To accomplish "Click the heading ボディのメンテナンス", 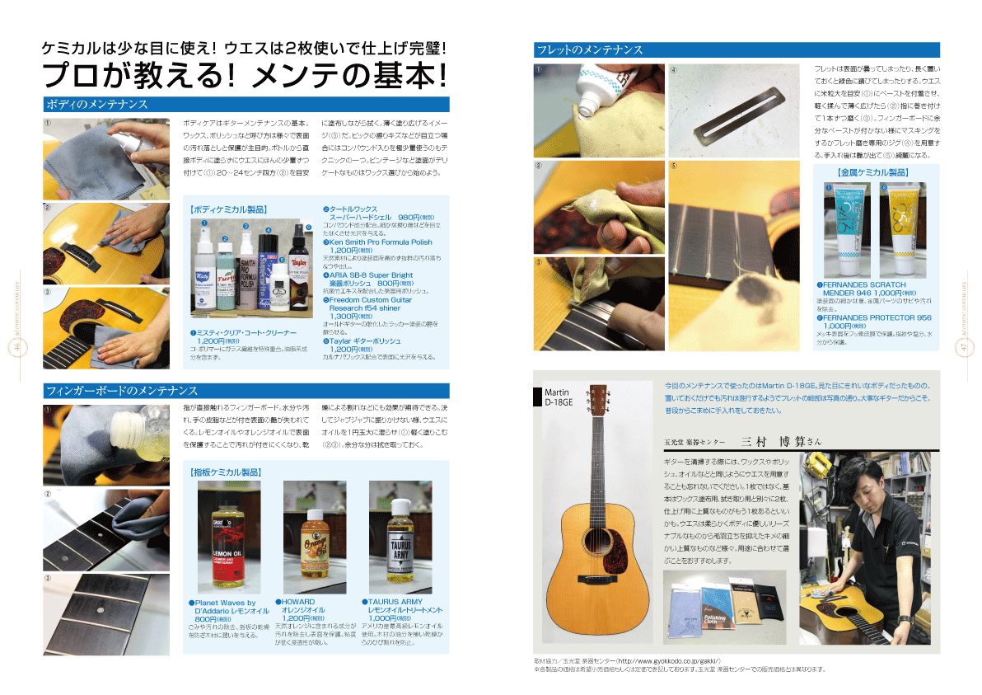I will pos(97,105).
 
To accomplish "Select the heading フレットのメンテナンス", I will pos(588,49).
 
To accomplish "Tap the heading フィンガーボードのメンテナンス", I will pos(122,390).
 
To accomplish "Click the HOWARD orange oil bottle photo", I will pos(315,537).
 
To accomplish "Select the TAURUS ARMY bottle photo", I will pos(400,537).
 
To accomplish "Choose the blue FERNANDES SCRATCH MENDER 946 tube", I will pos(839,230).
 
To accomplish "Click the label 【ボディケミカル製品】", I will pos(228,209).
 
